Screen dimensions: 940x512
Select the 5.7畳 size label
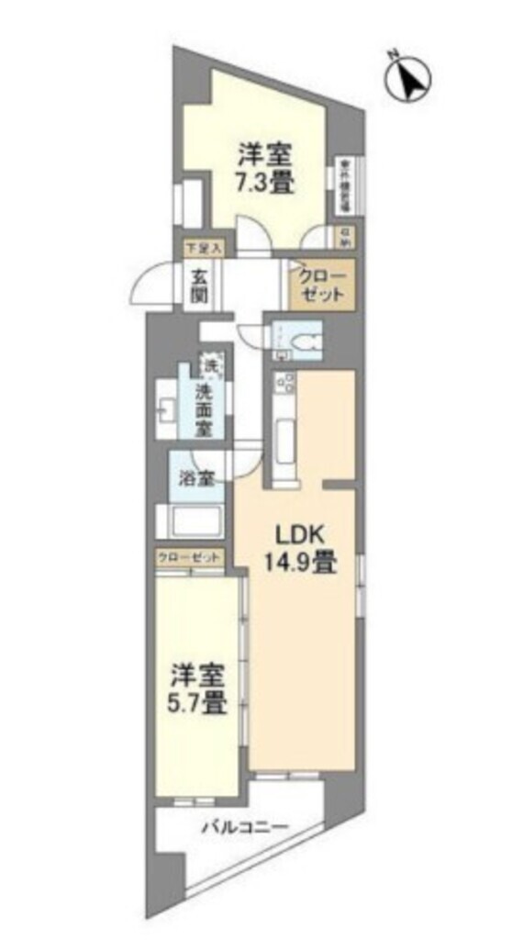pyautogui.click(x=196, y=704)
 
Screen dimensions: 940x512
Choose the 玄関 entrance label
pyautogui.click(x=201, y=285)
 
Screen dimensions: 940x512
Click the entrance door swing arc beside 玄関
pyautogui.click(x=147, y=285)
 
